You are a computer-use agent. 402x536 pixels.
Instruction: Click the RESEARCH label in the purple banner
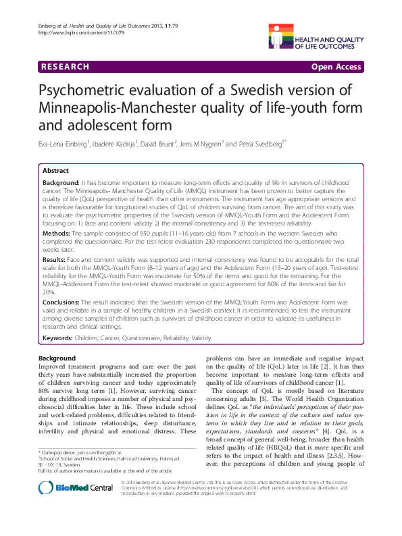(x=65, y=67)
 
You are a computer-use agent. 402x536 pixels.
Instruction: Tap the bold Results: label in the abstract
(x=57, y=259)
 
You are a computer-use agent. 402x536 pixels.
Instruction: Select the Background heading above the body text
(x=57, y=358)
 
